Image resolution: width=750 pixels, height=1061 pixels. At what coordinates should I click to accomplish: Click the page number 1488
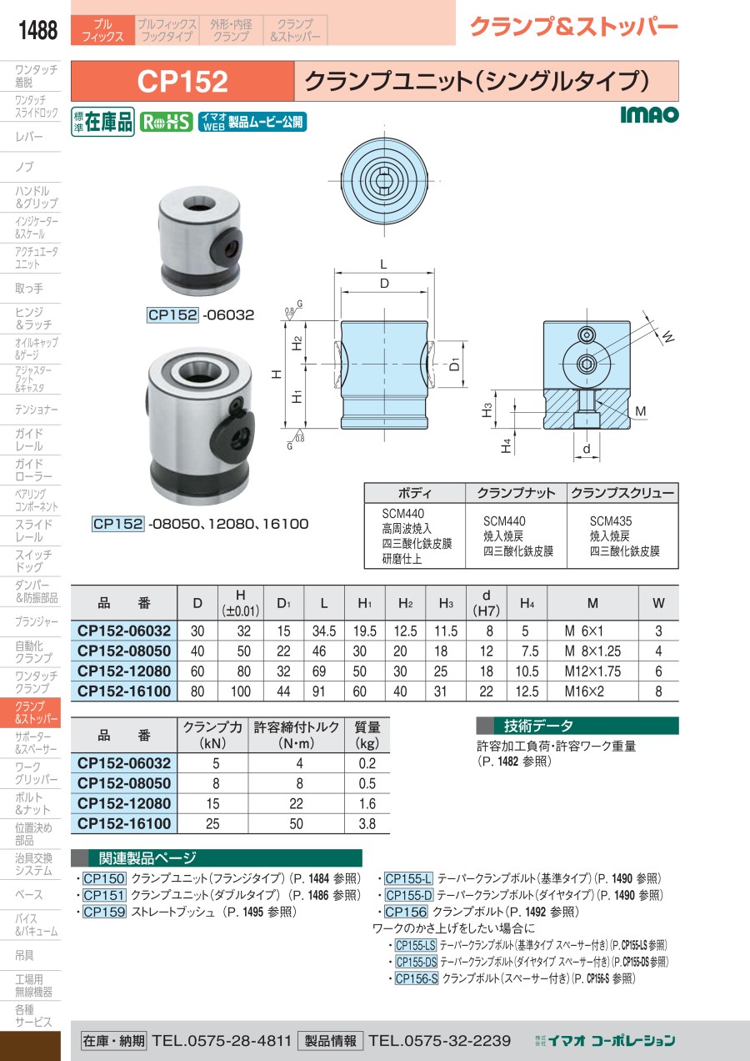(x=37, y=30)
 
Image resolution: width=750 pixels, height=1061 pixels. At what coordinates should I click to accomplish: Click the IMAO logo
(x=649, y=114)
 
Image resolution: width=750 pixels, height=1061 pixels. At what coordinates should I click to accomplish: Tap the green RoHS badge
(x=166, y=123)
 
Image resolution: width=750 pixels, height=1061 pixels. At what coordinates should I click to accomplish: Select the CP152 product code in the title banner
(x=182, y=81)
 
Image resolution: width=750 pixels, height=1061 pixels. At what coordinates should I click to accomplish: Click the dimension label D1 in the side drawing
(x=454, y=364)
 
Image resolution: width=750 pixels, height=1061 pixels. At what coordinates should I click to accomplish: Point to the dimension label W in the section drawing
(x=667, y=336)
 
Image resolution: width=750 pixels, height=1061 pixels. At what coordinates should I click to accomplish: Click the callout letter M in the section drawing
(x=640, y=411)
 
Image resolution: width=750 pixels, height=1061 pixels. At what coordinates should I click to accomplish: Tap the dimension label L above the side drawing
(x=384, y=264)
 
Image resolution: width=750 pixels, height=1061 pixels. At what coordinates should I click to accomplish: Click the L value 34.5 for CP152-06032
(x=324, y=631)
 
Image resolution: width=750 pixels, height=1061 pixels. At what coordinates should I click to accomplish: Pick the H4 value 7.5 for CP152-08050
(x=530, y=651)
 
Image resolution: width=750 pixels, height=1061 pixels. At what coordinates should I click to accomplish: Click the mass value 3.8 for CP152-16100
(x=367, y=824)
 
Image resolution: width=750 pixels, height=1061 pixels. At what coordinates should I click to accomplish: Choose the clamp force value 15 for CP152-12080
(x=212, y=803)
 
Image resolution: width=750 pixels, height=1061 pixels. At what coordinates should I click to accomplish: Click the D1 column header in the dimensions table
(x=284, y=603)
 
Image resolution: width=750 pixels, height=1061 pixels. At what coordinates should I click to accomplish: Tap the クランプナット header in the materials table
(x=516, y=493)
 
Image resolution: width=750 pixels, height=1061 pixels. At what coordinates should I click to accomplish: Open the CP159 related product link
(x=104, y=912)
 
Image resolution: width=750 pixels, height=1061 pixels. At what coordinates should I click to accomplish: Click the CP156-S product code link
(x=417, y=978)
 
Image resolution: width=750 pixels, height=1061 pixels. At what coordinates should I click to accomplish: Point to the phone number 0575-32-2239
(x=439, y=1041)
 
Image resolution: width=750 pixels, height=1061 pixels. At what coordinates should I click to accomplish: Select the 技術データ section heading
(x=537, y=726)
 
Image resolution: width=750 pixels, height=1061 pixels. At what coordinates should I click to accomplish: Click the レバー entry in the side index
(x=29, y=137)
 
